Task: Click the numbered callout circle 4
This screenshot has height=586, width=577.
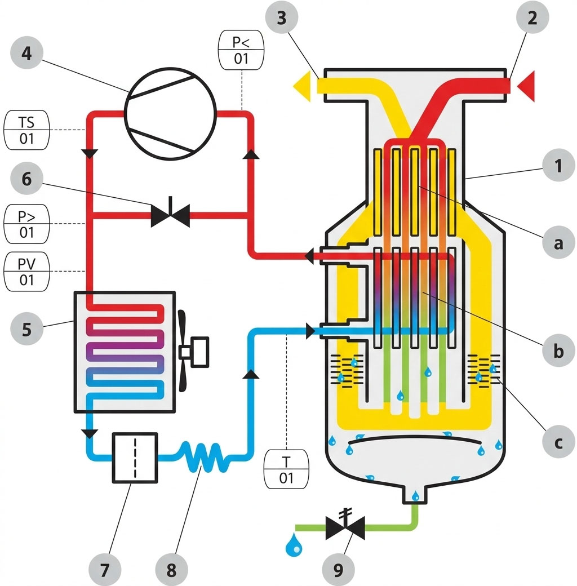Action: [26, 53]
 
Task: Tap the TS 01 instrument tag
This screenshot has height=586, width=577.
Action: [26, 130]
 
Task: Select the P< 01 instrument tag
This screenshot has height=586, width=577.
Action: [241, 50]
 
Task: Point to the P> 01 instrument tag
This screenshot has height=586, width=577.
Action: [26, 224]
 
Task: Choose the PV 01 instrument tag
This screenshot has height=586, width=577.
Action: [26, 272]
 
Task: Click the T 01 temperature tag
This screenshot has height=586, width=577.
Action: [286, 469]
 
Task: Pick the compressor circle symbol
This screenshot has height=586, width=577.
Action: [170, 114]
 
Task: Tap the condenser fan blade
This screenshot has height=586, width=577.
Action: [182, 351]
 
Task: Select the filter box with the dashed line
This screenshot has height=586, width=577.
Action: [135, 458]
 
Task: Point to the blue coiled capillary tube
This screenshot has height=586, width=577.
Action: [202, 457]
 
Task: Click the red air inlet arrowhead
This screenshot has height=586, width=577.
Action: [526, 86]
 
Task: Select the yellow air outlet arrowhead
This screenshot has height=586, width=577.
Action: [302, 86]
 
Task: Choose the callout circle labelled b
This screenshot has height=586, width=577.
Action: [558, 350]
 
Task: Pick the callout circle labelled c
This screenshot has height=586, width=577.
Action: [558, 442]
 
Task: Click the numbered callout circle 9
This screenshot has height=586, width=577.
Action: [338, 570]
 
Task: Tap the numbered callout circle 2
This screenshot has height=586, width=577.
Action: [532, 17]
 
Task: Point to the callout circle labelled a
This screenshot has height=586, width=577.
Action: [558, 242]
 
